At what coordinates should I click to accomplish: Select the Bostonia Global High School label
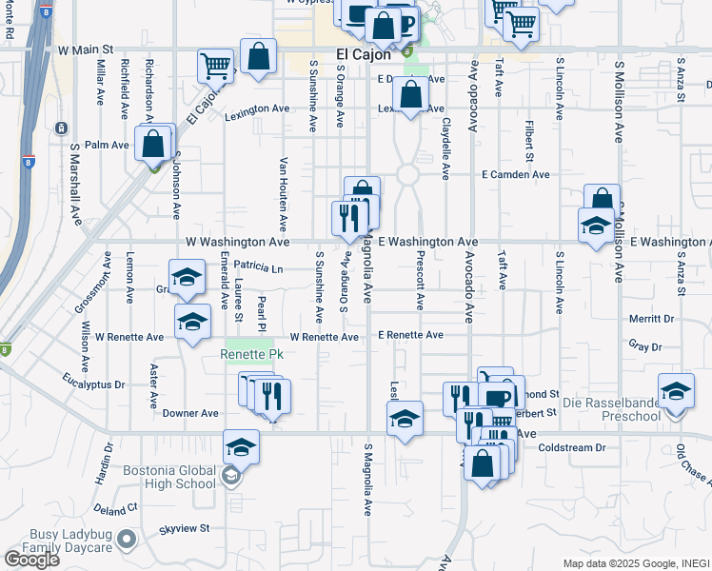pos(169,477)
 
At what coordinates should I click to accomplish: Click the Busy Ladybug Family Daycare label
pos(71,541)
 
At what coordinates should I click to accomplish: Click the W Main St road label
pos(85,48)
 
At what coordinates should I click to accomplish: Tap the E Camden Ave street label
pos(515,175)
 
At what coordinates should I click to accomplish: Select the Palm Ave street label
pos(107,146)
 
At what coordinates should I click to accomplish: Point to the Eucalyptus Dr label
pos(95,384)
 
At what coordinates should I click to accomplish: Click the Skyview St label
pos(184,527)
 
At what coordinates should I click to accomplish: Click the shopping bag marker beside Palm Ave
pos(152,144)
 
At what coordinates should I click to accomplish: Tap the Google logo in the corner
pos(30,560)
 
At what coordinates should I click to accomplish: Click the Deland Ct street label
pos(116,509)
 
